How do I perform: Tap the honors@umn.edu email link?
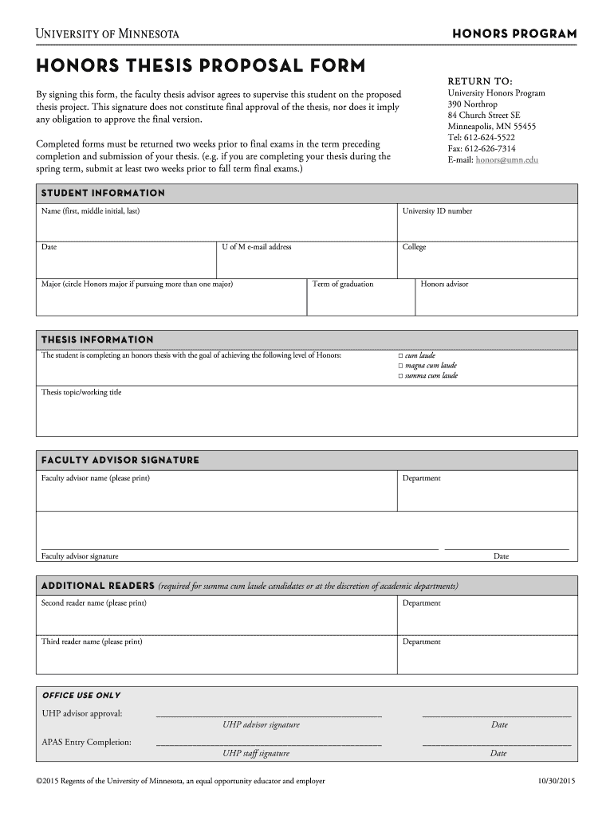506,160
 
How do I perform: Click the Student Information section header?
103,193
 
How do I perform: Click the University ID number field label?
437,211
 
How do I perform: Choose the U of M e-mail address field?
257,247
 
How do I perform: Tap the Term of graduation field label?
343,284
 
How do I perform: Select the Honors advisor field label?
444,284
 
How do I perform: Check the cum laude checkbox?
401,355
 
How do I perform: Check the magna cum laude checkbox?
401,365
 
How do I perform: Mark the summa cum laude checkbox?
401,375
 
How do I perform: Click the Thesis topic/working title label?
81,392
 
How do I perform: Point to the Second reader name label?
93,603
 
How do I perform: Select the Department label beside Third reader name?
421,641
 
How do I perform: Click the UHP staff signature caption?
256,753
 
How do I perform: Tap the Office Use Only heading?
81,696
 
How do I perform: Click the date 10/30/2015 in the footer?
557,782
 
